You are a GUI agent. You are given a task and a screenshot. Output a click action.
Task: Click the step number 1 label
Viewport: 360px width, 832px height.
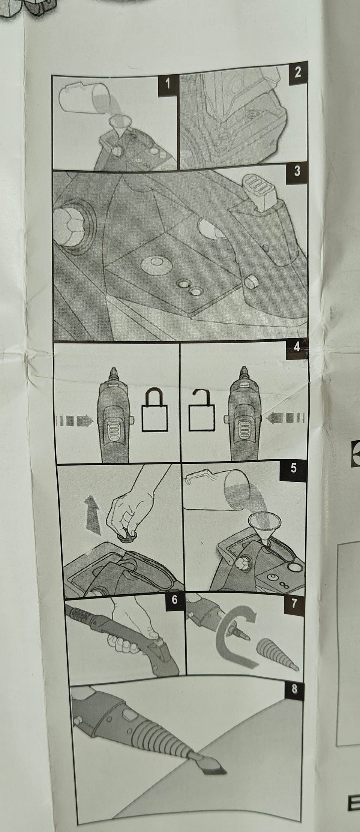point(167,84)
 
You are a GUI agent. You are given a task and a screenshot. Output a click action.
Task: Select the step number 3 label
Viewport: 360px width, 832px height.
point(297,171)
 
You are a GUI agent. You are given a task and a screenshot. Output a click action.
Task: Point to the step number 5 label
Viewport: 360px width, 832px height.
point(293,469)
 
